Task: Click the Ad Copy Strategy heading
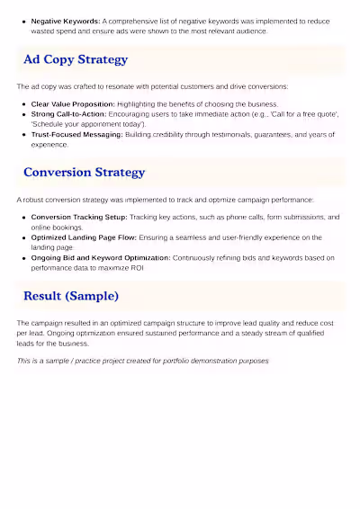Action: pos(76,59)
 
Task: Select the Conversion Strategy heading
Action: pos(84,172)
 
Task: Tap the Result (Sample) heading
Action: pos(71,295)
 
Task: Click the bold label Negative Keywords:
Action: pos(66,20)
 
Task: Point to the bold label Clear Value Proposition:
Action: pos(73,104)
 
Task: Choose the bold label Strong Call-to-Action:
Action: pos(69,114)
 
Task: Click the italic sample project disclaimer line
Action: pos(142,361)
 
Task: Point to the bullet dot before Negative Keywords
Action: pos(23,20)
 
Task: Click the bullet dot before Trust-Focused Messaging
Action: pos(23,134)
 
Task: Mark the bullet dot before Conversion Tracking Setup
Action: pos(23,217)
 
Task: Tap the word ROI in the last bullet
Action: pos(137,268)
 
